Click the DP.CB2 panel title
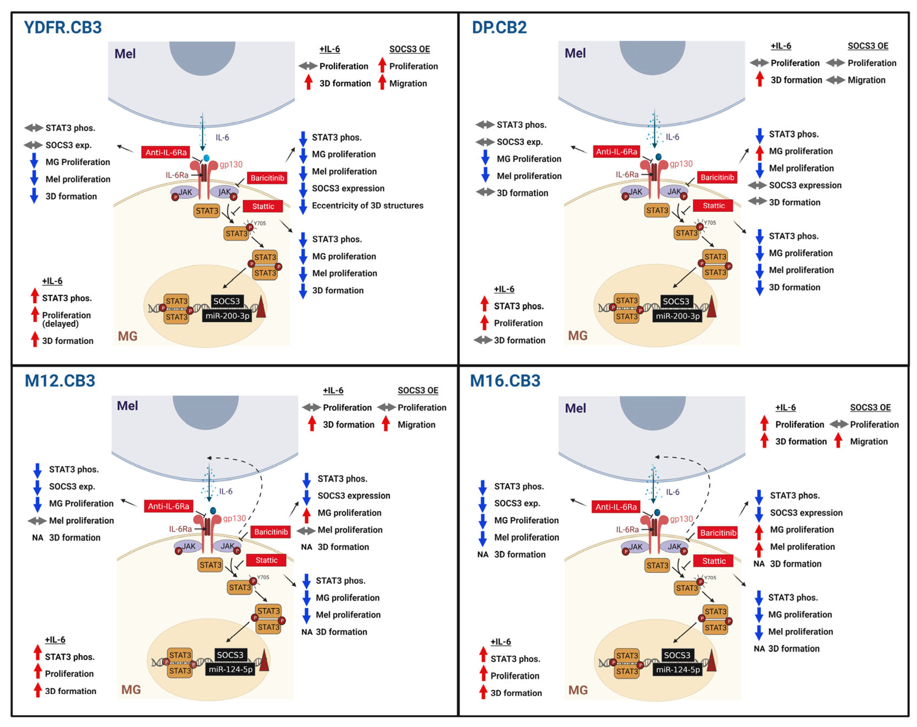point(499,27)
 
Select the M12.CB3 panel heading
point(60,381)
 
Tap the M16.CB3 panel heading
point(505,381)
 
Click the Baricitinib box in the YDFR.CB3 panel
point(267,178)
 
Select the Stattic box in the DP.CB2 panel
point(713,206)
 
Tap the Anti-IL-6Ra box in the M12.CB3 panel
point(168,506)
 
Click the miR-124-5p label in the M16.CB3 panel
point(677,670)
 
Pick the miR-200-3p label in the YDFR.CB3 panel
point(227,316)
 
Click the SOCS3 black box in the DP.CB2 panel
point(676,301)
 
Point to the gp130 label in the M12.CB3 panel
point(234,519)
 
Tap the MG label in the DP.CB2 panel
point(578,336)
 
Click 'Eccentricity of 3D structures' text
point(367,206)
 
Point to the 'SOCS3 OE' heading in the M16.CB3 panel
point(870,407)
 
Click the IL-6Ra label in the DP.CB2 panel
point(627,175)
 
